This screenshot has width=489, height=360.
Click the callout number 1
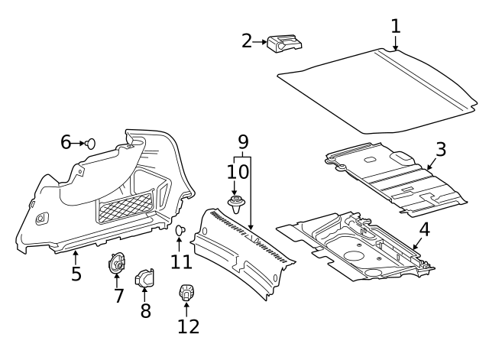pyautogui.click(x=395, y=26)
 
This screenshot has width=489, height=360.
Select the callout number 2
pyautogui.click(x=247, y=41)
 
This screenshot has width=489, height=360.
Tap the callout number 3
pyautogui.click(x=441, y=149)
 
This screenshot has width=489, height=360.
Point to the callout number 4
pyautogui.click(x=424, y=229)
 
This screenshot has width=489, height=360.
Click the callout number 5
pyautogui.click(x=76, y=273)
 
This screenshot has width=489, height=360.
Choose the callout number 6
pyautogui.click(x=66, y=142)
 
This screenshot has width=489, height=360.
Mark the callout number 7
pyautogui.click(x=118, y=296)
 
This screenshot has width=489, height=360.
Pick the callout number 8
pyautogui.click(x=144, y=311)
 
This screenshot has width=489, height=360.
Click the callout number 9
pyautogui.click(x=243, y=141)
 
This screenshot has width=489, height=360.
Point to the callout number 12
pyautogui.click(x=188, y=326)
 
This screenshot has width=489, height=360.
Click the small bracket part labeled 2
pyautogui.click(x=281, y=44)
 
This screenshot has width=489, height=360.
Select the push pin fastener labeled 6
pyautogui.click(x=91, y=142)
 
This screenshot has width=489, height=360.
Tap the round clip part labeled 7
pyautogui.click(x=117, y=264)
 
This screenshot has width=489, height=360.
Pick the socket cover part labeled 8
pyautogui.click(x=144, y=278)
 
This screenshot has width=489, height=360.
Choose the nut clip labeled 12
pyautogui.click(x=186, y=291)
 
